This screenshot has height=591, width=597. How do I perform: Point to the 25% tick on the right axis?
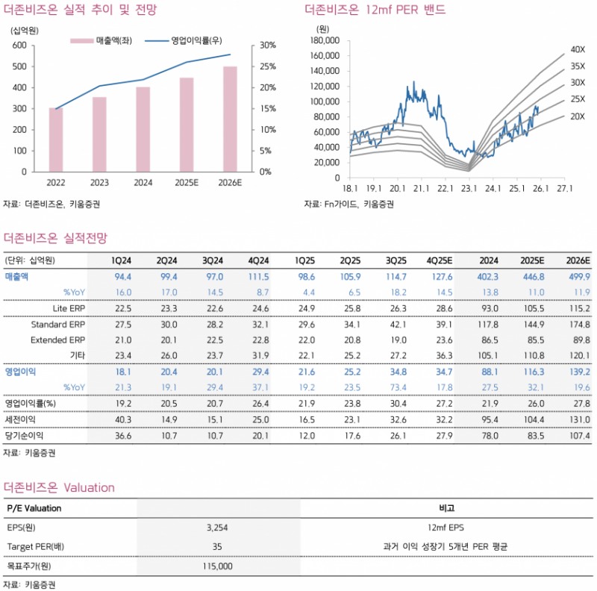pos(266,66)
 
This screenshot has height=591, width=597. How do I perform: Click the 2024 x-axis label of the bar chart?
pos(143,181)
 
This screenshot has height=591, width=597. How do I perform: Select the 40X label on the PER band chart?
pos(578,49)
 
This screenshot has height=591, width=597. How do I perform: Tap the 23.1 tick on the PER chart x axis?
pos(468,188)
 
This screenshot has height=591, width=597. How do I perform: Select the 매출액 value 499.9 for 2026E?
pos(577,276)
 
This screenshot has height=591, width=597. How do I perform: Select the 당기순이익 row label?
pos(25,435)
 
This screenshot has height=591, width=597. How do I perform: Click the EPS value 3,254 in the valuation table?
pos(216,527)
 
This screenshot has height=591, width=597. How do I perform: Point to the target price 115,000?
pos(216,566)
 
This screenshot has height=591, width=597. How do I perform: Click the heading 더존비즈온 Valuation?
pos(59,488)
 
